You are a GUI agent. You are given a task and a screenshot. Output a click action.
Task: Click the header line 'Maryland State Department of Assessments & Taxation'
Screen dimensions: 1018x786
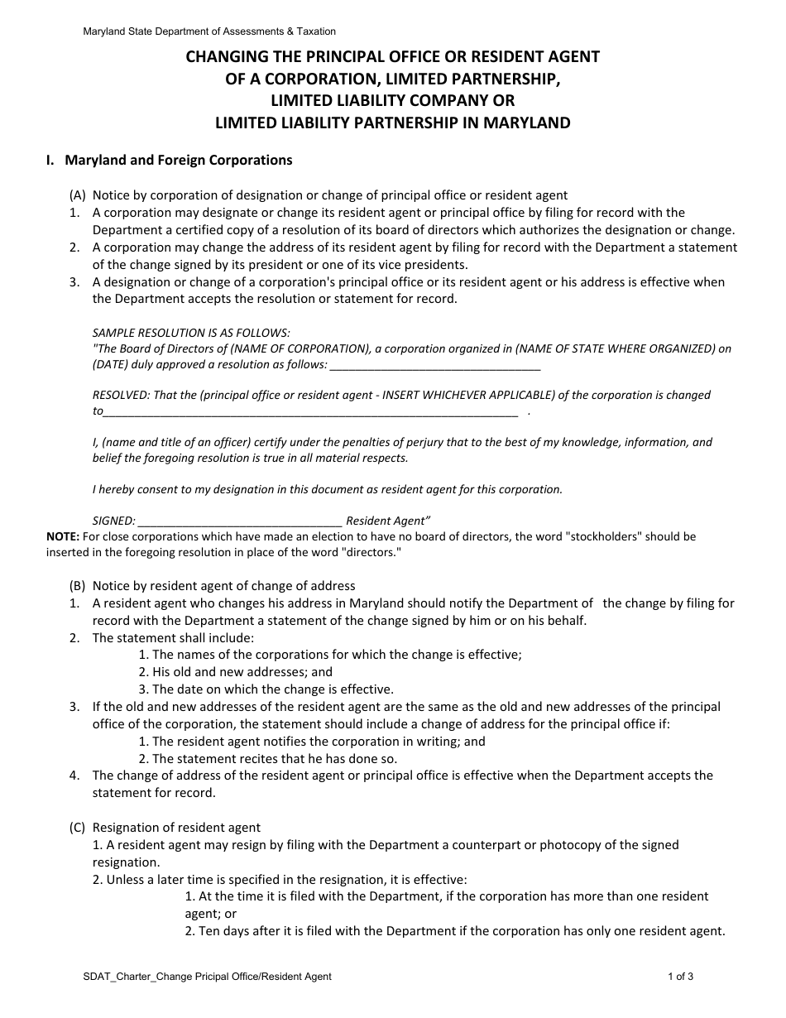point(209,31)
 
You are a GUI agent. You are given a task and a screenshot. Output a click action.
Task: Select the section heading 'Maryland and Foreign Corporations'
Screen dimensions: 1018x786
point(179,160)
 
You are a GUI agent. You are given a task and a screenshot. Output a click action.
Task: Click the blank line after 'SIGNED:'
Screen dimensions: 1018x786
point(240,521)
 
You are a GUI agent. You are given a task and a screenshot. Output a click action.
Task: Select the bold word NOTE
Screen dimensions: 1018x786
point(63,536)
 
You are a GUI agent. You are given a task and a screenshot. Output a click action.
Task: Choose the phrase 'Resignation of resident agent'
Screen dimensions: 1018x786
point(176,828)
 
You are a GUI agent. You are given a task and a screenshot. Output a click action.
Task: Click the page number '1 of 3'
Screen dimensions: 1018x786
point(680,977)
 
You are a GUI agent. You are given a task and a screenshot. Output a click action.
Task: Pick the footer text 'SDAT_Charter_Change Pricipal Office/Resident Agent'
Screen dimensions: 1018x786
point(207,977)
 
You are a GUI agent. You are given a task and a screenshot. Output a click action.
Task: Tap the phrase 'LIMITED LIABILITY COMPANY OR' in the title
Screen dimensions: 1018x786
point(393,101)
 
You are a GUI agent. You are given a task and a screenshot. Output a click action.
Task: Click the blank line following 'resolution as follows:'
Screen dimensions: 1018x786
point(435,364)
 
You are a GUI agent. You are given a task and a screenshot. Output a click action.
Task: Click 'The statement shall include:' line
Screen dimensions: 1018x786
point(174,638)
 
